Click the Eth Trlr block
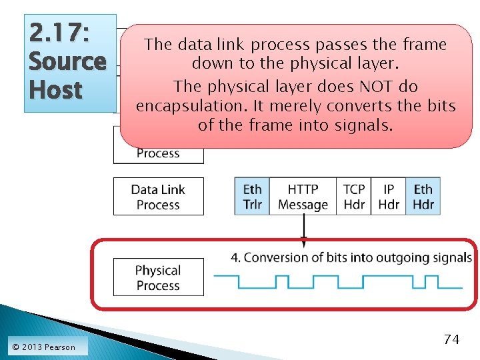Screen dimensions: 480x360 pyautogui.click(x=252, y=197)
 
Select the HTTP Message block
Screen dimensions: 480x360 pyautogui.click(x=303, y=197)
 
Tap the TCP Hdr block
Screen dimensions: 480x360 pyautogui.click(x=354, y=197)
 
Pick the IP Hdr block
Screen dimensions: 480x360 pyautogui.click(x=389, y=197)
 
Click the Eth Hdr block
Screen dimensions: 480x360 pyautogui.click(x=423, y=197)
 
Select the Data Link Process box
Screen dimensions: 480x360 pyautogui.click(x=158, y=197)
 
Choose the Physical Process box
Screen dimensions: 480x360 pyautogui.click(x=158, y=277)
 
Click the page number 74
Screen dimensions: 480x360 pyautogui.click(x=451, y=339)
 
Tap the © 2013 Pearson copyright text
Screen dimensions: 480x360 pyautogui.click(x=43, y=347)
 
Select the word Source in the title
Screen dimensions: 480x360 pyautogui.click(x=67, y=61)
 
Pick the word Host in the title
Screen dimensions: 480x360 pyautogui.click(x=55, y=89)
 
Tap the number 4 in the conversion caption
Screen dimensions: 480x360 pyautogui.click(x=235, y=257)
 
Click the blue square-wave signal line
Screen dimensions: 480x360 pyautogui.click(x=340, y=282)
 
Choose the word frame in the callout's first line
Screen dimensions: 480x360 pyautogui.click(x=424, y=45)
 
